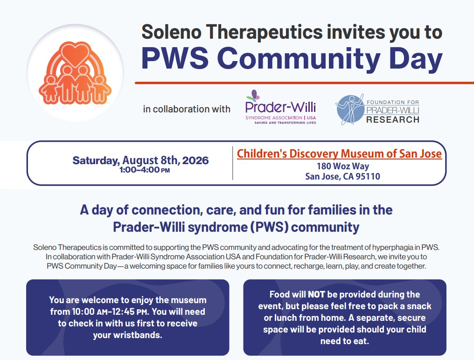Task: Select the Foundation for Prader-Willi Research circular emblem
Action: click(x=350, y=110)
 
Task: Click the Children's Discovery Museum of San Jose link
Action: click(x=339, y=153)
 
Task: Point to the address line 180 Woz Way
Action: click(x=343, y=166)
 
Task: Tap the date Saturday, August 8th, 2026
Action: click(x=140, y=160)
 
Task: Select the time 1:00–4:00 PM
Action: click(x=145, y=170)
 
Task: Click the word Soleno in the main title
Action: click(x=171, y=32)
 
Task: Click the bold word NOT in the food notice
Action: click(x=316, y=294)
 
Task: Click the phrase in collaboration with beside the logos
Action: click(x=187, y=109)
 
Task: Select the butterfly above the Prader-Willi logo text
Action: click(x=253, y=95)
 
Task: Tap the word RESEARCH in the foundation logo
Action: click(x=393, y=120)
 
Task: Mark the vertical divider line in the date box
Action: click(x=232, y=163)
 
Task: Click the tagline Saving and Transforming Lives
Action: click(x=285, y=123)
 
